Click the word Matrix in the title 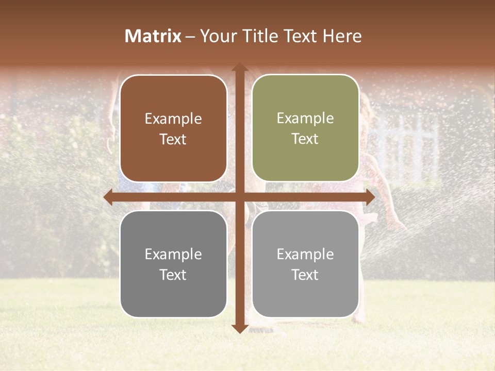coord(153,36)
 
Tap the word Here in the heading coord(342,36)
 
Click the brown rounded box coord(173,128)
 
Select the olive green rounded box coord(305,128)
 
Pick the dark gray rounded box coord(173,264)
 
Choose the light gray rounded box coord(305,264)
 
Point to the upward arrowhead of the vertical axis coord(239,68)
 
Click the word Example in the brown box coord(173,119)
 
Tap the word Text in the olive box coord(305,139)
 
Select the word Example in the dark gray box coord(173,254)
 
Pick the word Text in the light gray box coord(305,275)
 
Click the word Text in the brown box coord(173,139)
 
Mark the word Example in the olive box coord(305,119)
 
